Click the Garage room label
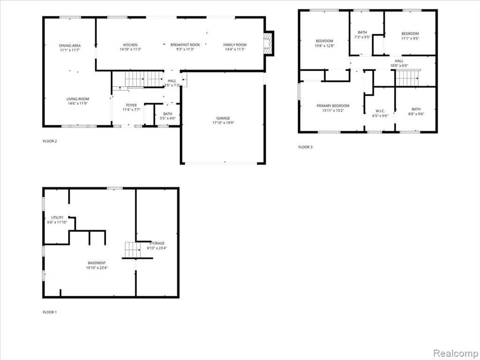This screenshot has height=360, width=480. point(223,118)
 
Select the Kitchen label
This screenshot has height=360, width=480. point(130,45)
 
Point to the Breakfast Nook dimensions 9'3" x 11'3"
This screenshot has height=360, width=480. point(185,49)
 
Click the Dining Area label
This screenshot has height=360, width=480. point(70,45)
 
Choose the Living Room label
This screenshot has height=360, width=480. point(78,99)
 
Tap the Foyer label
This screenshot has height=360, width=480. point(131,105)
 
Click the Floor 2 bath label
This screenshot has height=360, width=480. point(168,114)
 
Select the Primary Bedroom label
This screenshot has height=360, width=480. point(333,105)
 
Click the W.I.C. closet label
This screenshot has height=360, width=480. point(380,111)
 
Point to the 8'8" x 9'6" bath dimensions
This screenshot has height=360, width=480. point(416,114)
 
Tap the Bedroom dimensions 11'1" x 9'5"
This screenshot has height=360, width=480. point(410,38)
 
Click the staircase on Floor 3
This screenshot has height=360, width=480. point(407,78)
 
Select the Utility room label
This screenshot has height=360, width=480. point(57,217)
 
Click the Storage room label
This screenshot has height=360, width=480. point(157,243)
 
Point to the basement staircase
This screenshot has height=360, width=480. point(133,250)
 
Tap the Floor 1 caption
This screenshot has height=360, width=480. point(50,312)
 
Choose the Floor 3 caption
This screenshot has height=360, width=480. point(306,147)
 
